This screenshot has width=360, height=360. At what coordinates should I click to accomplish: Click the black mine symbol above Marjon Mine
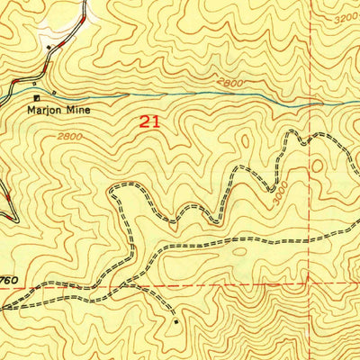click(x=37, y=97)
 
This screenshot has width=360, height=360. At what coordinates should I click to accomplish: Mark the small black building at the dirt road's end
click(x=177, y=319)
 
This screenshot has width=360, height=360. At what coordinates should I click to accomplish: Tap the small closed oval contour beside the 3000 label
click(x=316, y=166)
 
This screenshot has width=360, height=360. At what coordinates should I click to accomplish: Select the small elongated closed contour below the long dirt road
click(x=239, y=255)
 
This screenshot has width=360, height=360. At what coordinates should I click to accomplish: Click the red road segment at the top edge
click(x=83, y=9)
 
